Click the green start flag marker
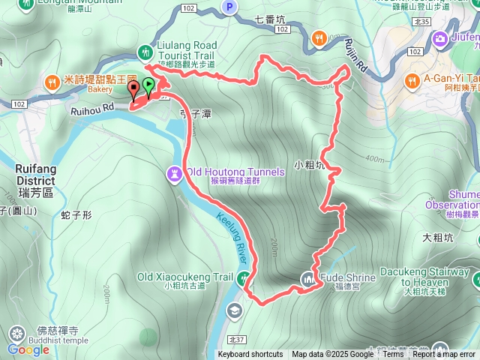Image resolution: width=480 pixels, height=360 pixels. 148,86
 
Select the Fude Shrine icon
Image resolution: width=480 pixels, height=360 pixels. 307,280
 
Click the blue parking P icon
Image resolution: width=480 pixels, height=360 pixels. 229,7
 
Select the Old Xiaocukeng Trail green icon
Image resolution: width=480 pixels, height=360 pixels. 243,278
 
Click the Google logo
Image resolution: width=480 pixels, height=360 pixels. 28,349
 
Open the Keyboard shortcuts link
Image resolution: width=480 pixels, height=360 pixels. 252,355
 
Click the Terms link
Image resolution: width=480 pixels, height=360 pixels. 393,355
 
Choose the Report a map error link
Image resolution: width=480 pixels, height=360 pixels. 444,355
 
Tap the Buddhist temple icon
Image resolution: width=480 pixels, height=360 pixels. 16,332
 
